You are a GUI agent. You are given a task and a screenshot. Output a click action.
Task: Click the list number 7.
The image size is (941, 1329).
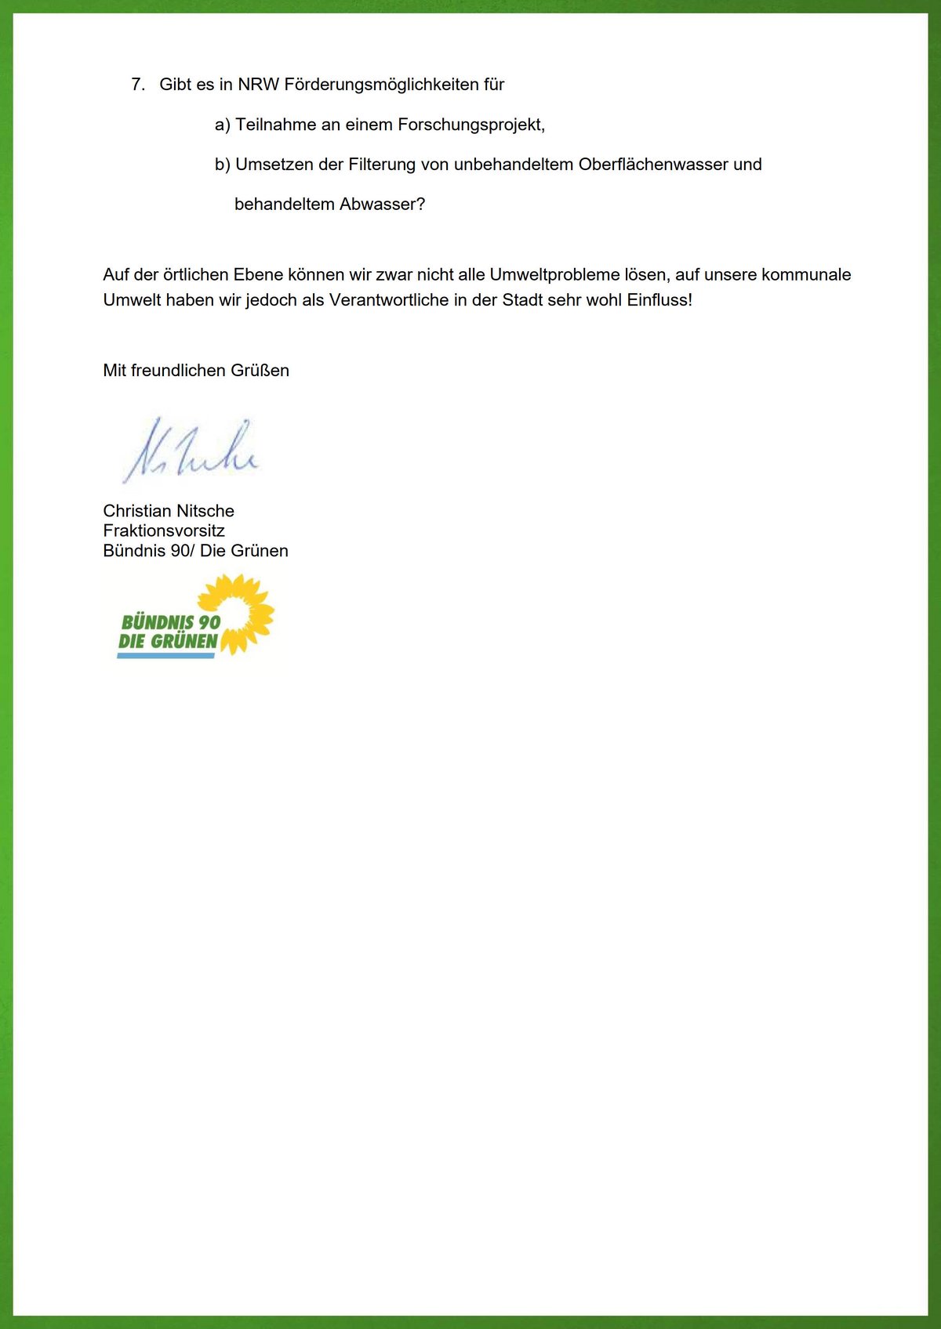[x=138, y=85]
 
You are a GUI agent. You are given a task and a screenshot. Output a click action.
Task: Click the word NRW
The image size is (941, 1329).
[x=258, y=85]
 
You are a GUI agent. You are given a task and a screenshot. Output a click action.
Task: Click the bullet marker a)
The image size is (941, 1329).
[x=223, y=125]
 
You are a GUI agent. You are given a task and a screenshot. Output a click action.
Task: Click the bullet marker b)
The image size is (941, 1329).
[x=223, y=165]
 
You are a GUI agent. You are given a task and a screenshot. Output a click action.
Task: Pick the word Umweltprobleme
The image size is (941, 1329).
[x=554, y=275]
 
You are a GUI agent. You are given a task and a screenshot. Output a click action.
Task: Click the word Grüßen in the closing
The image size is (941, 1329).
[x=260, y=371]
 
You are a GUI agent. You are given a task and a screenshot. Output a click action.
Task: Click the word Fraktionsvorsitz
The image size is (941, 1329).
[x=164, y=531]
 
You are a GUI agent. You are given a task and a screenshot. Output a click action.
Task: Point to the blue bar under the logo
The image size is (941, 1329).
[x=165, y=655]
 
